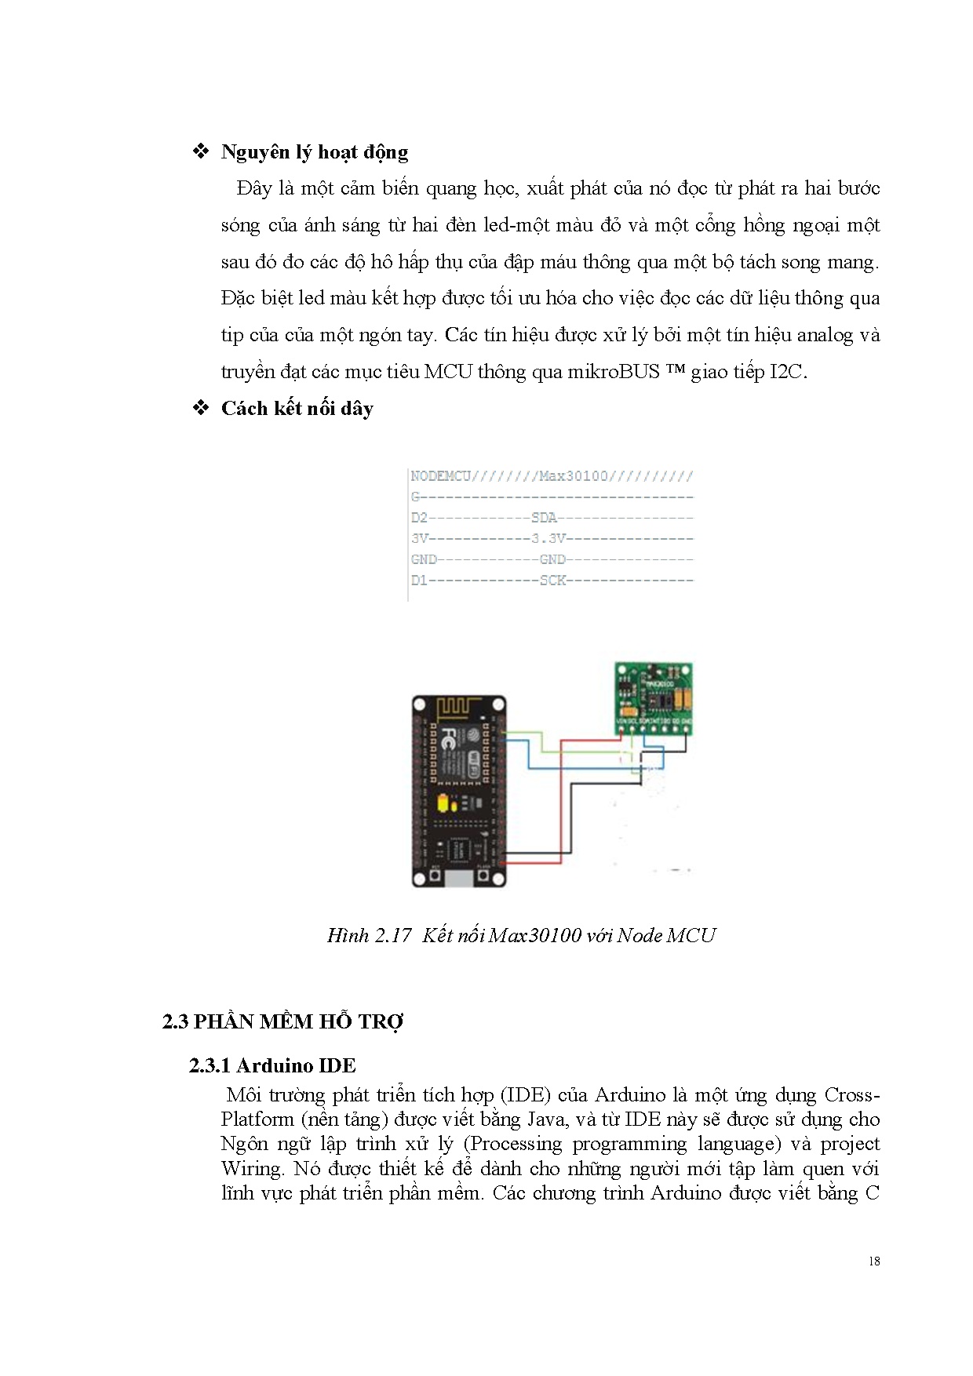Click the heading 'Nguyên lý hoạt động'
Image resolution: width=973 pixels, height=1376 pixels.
(314, 152)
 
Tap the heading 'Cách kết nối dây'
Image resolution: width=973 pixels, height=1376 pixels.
(297, 409)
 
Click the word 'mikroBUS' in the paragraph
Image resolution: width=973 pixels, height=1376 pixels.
(619, 372)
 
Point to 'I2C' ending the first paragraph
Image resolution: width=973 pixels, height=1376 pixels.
(787, 372)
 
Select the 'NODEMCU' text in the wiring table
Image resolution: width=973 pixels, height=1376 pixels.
(440, 476)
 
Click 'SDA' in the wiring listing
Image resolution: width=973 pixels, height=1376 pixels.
(544, 518)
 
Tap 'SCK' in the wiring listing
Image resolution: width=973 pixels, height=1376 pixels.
(552, 581)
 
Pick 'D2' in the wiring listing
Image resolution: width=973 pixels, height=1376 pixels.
(419, 518)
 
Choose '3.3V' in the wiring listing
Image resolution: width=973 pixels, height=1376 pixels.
(548, 539)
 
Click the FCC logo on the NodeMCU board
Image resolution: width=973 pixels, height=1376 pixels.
(447, 737)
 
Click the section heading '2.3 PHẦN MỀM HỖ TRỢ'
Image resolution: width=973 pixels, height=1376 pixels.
(282, 1021)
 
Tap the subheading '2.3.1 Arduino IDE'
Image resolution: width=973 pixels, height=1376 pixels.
(272, 1065)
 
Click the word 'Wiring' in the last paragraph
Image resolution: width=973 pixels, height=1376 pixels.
(251, 1168)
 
